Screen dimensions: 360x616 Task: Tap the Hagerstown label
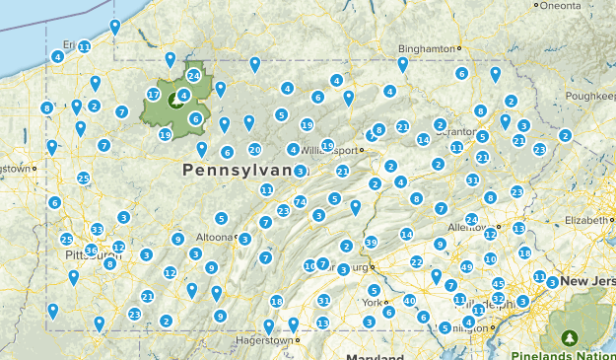[x=264, y=341]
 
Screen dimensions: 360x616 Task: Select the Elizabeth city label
[x=588, y=219]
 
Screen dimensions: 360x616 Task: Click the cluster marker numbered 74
[x=300, y=201]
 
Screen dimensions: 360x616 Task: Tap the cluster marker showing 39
[x=371, y=242]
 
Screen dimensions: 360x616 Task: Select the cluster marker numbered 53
[x=97, y=230]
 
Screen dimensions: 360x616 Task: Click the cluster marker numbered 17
[x=153, y=95]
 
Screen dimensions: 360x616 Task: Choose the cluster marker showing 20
[x=254, y=150]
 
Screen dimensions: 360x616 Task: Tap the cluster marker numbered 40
[x=409, y=300]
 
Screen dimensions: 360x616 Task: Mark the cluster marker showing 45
[x=499, y=284]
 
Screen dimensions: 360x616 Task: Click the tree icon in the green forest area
[x=177, y=99]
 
